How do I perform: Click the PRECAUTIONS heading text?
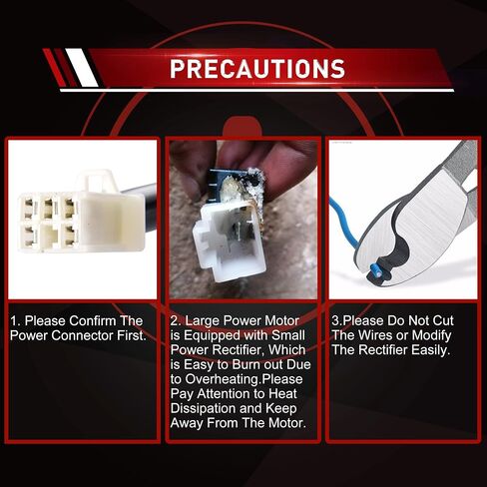tap(257, 69)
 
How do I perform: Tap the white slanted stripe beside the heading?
tap(82, 68)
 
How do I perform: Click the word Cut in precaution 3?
tap(443, 321)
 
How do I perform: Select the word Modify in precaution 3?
tap(431, 336)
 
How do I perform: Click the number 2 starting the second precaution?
tap(175, 321)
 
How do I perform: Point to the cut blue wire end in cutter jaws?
tap(376, 269)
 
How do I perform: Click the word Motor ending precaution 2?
tap(286, 423)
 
